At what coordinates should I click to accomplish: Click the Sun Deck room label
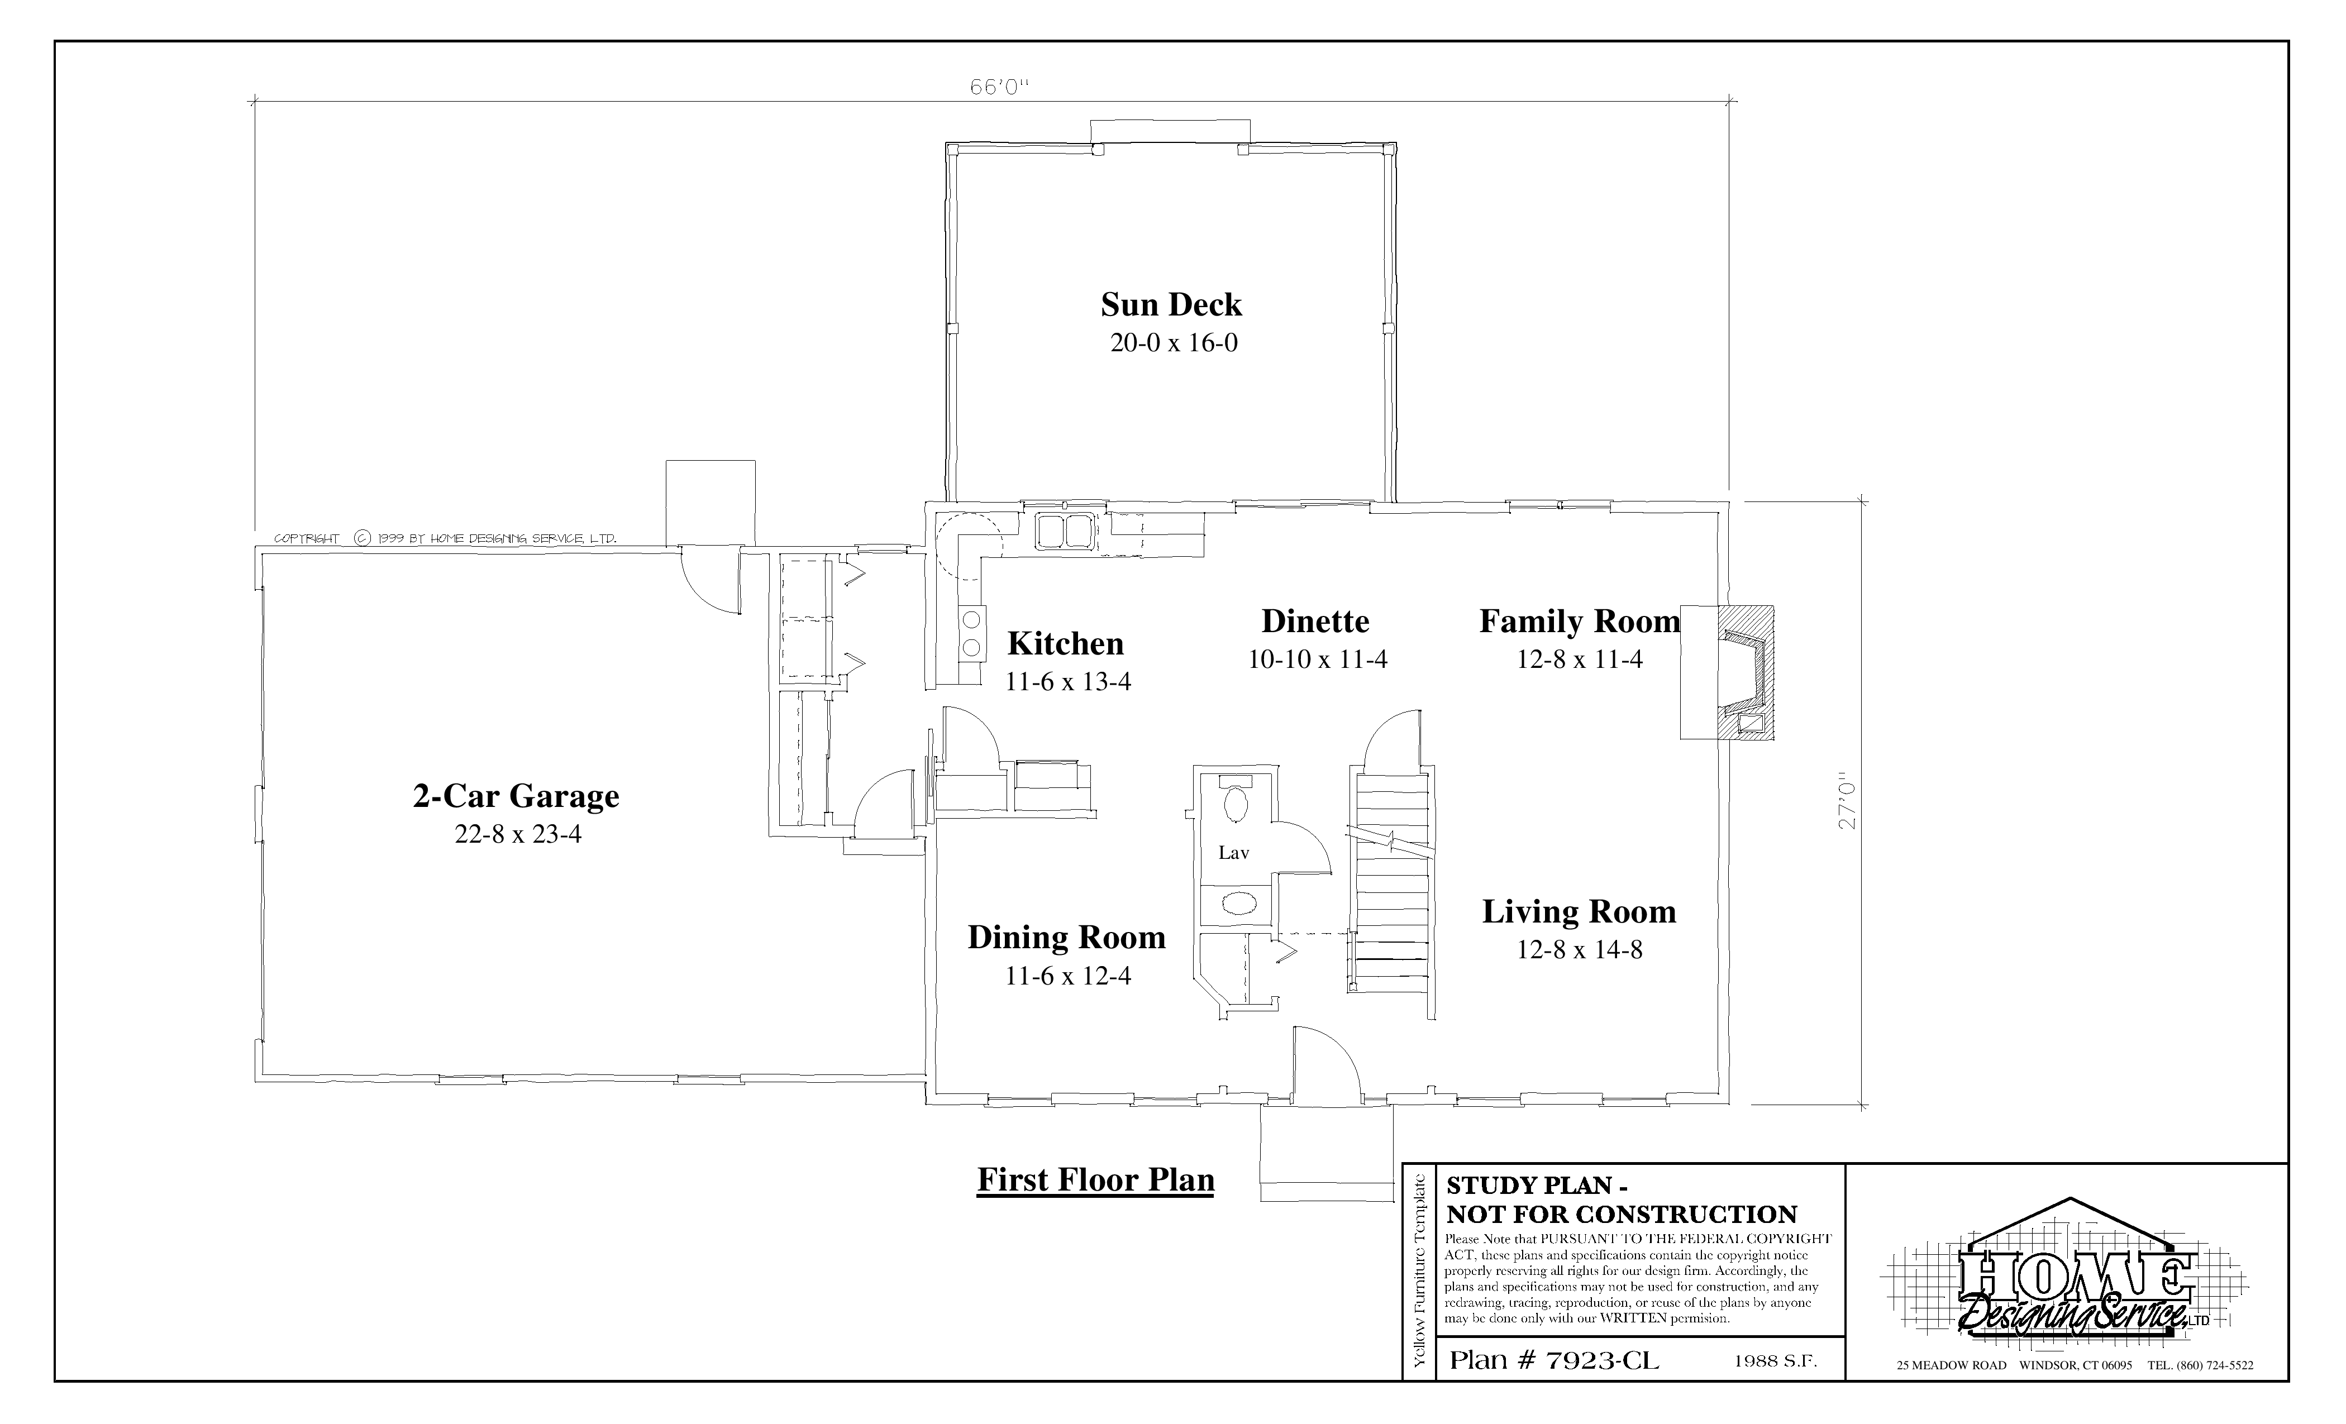(x=1171, y=304)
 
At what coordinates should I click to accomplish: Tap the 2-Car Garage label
(x=516, y=796)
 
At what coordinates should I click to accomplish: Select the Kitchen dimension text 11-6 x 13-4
(x=1068, y=681)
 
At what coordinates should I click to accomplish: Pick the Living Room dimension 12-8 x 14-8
(x=1580, y=950)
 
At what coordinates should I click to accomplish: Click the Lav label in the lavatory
(x=1234, y=853)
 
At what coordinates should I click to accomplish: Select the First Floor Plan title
(x=1096, y=1181)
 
